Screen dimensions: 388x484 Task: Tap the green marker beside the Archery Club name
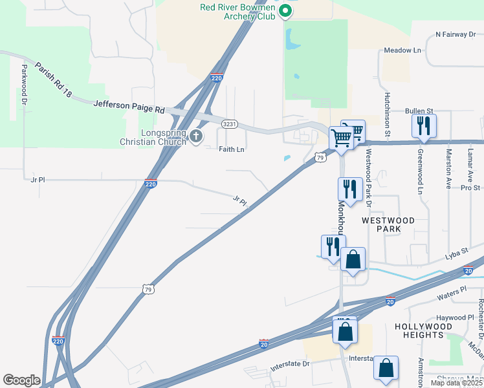284,11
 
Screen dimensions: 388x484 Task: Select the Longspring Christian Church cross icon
197,136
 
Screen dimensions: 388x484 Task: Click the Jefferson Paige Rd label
129,106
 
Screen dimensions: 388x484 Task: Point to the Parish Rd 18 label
53,80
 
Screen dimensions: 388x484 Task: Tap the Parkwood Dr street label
24,85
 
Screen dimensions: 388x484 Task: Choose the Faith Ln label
231,149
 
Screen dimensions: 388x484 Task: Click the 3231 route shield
228,124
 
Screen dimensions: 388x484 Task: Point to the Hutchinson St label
386,114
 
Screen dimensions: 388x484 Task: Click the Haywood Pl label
455,318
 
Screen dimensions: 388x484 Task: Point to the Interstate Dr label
292,363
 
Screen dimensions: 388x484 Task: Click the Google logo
22,380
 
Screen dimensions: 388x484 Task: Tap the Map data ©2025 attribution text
456,383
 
